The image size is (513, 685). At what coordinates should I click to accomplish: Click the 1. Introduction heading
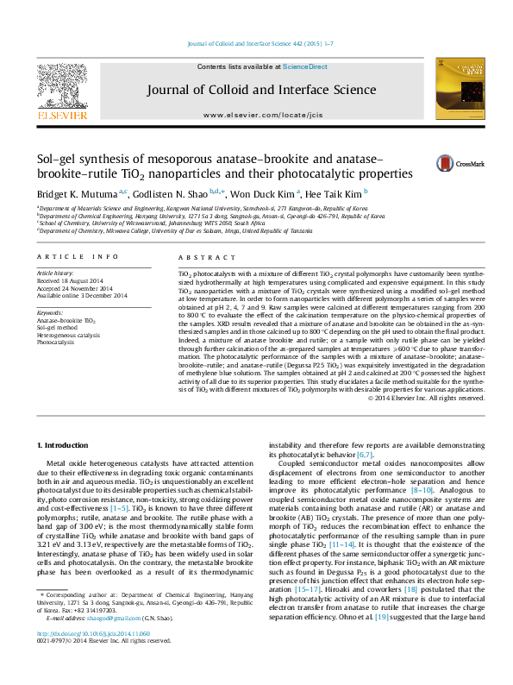(70, 444)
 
